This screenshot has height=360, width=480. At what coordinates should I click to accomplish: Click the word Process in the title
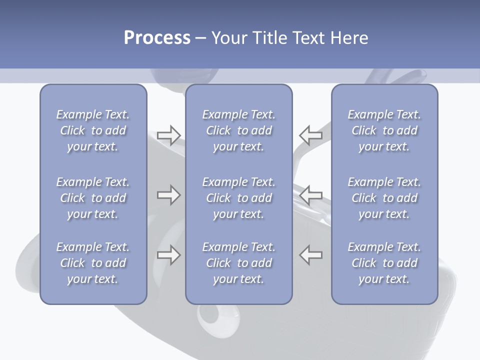tap(157, 38)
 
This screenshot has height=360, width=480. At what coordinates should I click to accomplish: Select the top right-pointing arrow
tap(168, 135)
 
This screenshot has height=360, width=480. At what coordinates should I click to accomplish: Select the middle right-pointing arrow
tap(168, 194)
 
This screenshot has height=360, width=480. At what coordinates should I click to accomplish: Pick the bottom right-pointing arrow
tap(168, 255)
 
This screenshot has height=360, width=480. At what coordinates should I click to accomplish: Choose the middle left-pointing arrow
tap(311, 194)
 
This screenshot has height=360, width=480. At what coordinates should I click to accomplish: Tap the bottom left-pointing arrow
tap(311, 255)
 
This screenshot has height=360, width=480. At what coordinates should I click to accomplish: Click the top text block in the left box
tap(93, 130)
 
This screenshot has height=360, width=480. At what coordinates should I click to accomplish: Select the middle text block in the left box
tap(93, 198)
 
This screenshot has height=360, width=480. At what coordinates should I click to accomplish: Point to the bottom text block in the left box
tap(93, 263)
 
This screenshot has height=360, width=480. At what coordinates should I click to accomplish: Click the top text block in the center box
tap(239, 130)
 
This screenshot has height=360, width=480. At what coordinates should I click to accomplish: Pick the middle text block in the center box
tap(239, 198)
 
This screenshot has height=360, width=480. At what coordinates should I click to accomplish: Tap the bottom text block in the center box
tap(239, 263)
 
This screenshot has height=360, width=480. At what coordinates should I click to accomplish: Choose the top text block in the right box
tap(384, 130)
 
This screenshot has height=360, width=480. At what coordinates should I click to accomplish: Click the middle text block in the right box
tap(384, 198)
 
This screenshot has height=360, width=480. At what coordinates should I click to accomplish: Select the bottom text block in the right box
tap(384, 263)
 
